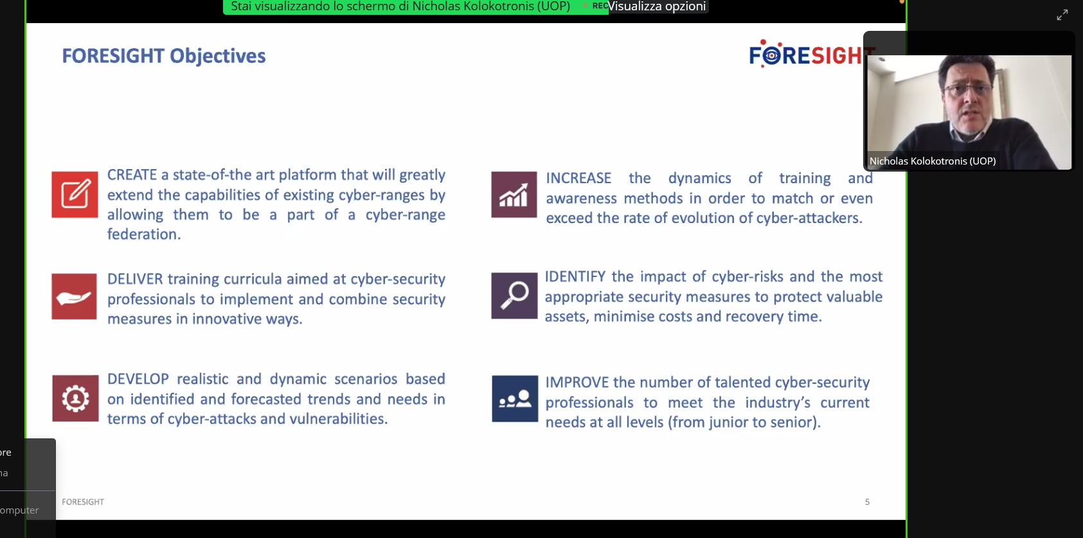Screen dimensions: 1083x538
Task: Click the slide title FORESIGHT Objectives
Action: [164, 56]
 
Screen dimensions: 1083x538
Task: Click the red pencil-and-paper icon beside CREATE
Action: [75, 194]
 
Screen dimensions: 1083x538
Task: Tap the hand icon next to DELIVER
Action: [75, 296]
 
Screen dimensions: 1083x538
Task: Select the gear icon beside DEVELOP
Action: [75, 399]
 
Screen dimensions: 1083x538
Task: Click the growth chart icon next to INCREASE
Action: [514, 194]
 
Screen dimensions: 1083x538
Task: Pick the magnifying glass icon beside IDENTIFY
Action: [514, 295]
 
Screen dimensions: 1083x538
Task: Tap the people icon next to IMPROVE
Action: [515, 399]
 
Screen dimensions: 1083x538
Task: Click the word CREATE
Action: [132, 174]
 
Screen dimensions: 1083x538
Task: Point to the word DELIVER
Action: [135, 279]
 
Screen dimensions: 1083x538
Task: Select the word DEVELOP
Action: [138, 379]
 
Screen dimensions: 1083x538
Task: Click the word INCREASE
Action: [578, 178]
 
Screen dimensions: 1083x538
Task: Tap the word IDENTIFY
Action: [575, 276]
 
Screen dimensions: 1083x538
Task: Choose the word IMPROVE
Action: [577, 382]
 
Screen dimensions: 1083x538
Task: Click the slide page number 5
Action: [868, 502]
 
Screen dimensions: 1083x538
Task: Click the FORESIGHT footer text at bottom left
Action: [83, 502]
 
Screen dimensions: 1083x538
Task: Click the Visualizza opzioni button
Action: [657, 6]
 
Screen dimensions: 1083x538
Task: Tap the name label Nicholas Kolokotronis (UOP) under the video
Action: [933, 161]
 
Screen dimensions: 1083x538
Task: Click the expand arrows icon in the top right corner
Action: [1062, 15]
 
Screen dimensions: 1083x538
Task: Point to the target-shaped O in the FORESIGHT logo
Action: [772, 55]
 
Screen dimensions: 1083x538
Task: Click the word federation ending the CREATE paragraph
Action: [143, 234]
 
